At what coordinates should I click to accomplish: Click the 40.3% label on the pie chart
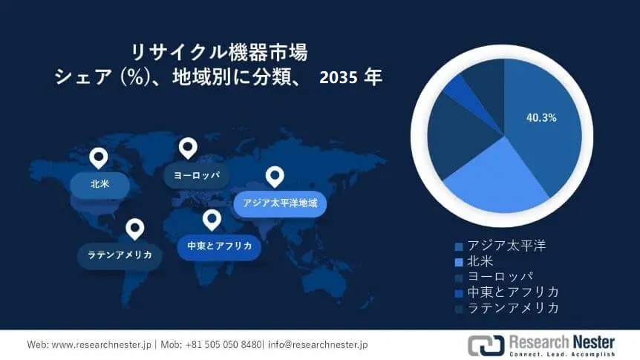click(x=541, y=118)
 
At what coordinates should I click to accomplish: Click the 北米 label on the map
click(x=100, y=184)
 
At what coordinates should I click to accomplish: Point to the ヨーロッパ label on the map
click(x=197, y=175)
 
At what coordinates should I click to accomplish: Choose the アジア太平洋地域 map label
click(x=280, y=203)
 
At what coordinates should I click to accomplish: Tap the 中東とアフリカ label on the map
click(x=219, y=246)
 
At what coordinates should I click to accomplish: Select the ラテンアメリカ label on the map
click(x=120, y=255)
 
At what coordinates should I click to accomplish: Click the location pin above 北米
click(x=99, y=158)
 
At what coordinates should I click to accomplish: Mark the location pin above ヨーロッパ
click(x=188, y=148)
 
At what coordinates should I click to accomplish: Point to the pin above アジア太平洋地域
click(x=275, y=177)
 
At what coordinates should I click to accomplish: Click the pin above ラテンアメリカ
click(x=135, y=229)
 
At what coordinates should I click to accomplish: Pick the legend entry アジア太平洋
click(x=501, y=246)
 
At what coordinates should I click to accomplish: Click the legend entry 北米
click(x=474, y=261)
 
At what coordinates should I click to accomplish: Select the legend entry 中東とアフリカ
click(x=507, y=292)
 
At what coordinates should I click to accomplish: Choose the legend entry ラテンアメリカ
click(x=507, y=308)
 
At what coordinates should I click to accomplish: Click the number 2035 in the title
click(x=339, y=77)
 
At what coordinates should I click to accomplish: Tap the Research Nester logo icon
click(x=486, y=345)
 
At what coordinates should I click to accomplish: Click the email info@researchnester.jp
click(x=318, y=345)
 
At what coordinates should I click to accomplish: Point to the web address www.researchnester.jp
click(x=101, y=345)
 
